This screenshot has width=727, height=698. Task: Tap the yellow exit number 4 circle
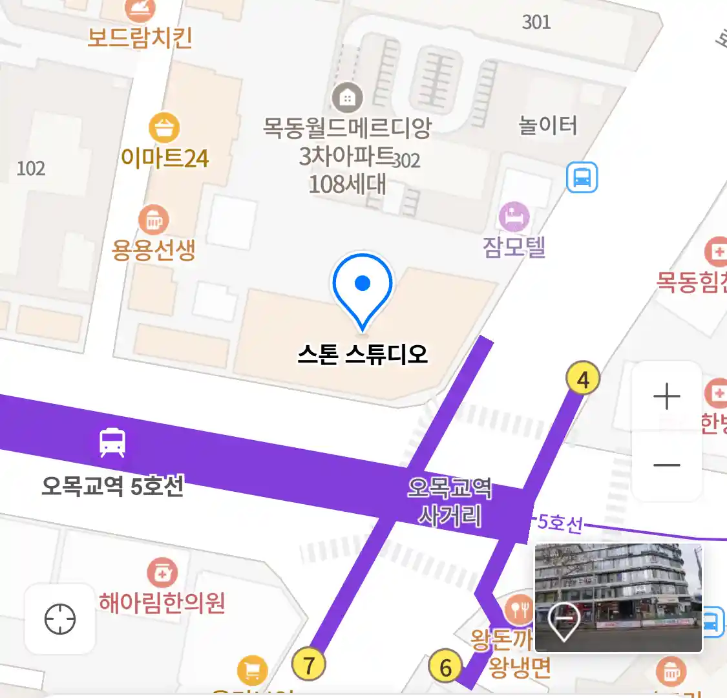click(583, 379)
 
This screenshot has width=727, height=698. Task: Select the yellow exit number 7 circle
click(308, 664)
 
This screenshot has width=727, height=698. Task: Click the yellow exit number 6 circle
click(445, 667)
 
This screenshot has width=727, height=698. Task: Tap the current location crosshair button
click(60, 619)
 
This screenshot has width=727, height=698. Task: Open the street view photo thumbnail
click(618, 597)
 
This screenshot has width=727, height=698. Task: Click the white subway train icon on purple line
click(112, 443)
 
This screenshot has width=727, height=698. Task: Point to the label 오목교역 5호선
click(112, 485)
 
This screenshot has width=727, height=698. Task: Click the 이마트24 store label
click(165, 158)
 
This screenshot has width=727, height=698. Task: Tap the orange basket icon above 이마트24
click(164, 127)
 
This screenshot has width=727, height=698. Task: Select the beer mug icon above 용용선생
click(153, 220)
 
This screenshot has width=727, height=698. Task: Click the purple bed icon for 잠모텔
click(514, 217)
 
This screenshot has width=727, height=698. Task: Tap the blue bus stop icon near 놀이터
click(582, 177)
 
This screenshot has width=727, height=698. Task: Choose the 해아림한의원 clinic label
click(162, 602)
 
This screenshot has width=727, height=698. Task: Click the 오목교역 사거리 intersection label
click(450, 502)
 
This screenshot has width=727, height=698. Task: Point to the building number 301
click(536, 22)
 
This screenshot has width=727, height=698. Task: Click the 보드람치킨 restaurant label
click(140, 37)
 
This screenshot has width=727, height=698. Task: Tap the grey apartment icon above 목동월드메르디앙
click(348, 98)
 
